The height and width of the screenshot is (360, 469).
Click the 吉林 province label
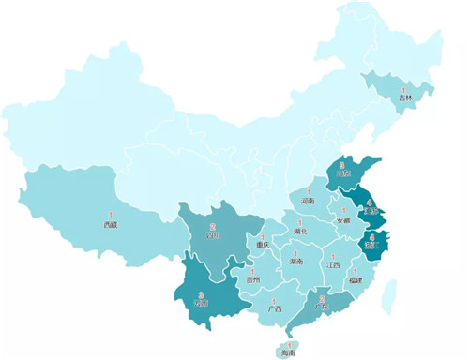(x=404, y=97)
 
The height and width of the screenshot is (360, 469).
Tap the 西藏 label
(x=111, y=225)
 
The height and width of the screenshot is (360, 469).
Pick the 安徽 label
(x=343, y=221)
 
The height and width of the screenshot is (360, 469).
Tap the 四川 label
(x=214, y=236)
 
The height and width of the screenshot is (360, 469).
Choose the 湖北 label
(x=300, y=231)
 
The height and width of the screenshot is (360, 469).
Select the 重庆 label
(x=264, y=246)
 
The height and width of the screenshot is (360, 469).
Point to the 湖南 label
(x=295, y=262)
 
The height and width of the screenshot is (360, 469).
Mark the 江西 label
(x=334, y=265)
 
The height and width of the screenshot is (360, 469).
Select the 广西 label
(x=274, y=308)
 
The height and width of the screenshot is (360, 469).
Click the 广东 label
(x=322, y=307)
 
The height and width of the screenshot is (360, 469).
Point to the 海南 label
(x=288, y=354)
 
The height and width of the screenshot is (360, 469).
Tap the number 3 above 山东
(x=342, y=165)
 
